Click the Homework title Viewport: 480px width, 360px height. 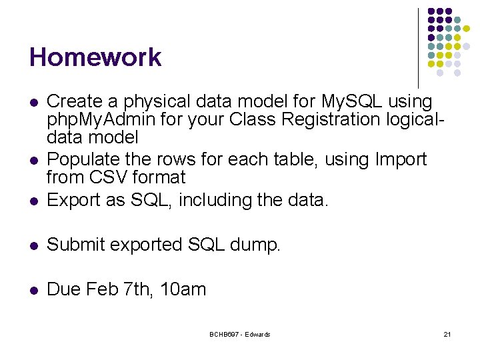point(95,57)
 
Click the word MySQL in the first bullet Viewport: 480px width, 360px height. point(352,101)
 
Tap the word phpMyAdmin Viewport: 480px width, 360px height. point(101,120)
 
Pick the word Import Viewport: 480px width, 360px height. point(401,160)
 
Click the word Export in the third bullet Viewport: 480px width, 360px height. point(73,201)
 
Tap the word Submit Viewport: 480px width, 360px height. point(75,244)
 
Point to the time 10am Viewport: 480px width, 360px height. point(183,289)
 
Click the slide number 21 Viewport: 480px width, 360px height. point(447,334)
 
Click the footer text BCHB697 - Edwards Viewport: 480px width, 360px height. point(240,334)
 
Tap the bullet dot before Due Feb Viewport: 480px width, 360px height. point(34,290)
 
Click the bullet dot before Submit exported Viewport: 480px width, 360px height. point(34,245)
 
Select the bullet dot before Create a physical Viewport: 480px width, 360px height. point(34,102)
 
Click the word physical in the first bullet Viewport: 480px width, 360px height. point(157,101)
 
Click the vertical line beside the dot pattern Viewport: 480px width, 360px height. point(419,48)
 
